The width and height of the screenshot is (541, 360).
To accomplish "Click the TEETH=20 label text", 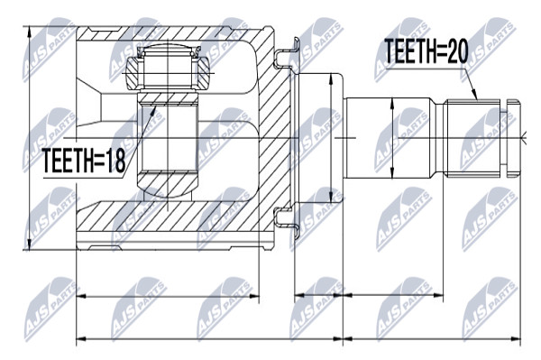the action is click(x=426, y=51).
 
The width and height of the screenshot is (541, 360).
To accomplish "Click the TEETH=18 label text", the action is click(x=84, y=160).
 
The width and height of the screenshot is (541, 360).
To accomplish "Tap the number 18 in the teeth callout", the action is click(x=115, y=160).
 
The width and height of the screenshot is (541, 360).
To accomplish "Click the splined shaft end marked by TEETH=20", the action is click(x=472, y=138).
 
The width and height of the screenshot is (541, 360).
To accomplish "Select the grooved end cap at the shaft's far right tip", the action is click(x=513, y=138).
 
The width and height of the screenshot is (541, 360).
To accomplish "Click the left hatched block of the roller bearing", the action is click(x=134, y=73).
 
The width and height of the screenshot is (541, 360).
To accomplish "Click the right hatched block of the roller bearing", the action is click(x=201, y=73).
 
